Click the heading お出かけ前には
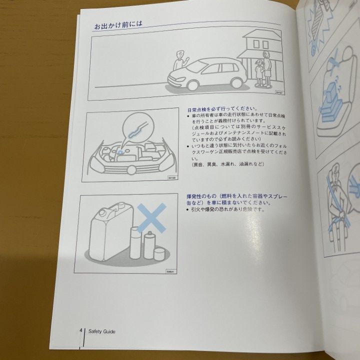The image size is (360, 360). [x=116, y=26]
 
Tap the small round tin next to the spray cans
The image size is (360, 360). [x=159, y=254]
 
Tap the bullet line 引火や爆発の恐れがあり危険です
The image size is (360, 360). [x=225, y=210]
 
